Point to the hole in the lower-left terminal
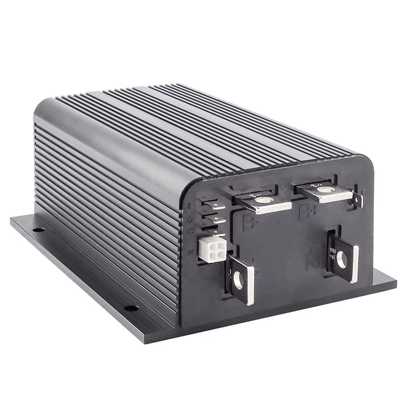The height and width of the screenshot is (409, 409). (238, 280)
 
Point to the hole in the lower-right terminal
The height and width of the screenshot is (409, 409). (341, 258)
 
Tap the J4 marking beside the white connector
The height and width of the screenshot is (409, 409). (192, 252)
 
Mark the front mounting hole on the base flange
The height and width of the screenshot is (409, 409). (131, 307)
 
